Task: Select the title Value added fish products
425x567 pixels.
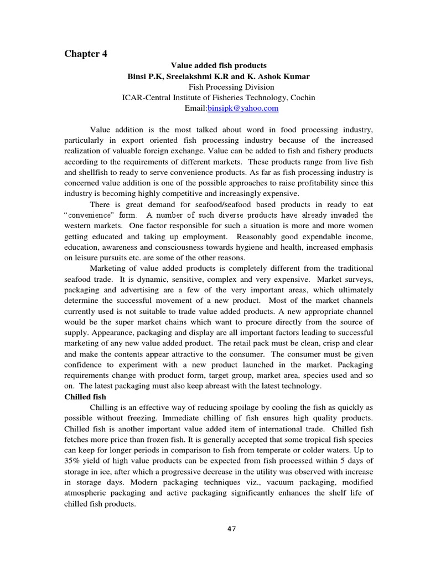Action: tap(213, 66)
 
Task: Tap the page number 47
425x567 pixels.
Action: tap(231, 529)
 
